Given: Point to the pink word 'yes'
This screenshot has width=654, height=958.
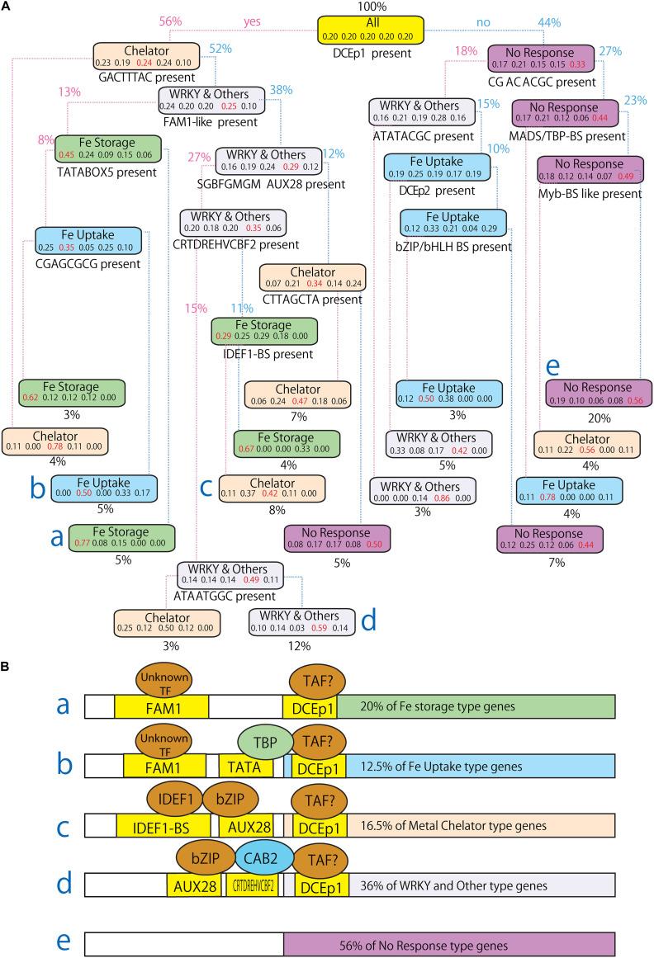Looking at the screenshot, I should pos(253,21).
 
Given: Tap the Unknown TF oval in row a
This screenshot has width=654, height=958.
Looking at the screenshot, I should pos(160,679).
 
